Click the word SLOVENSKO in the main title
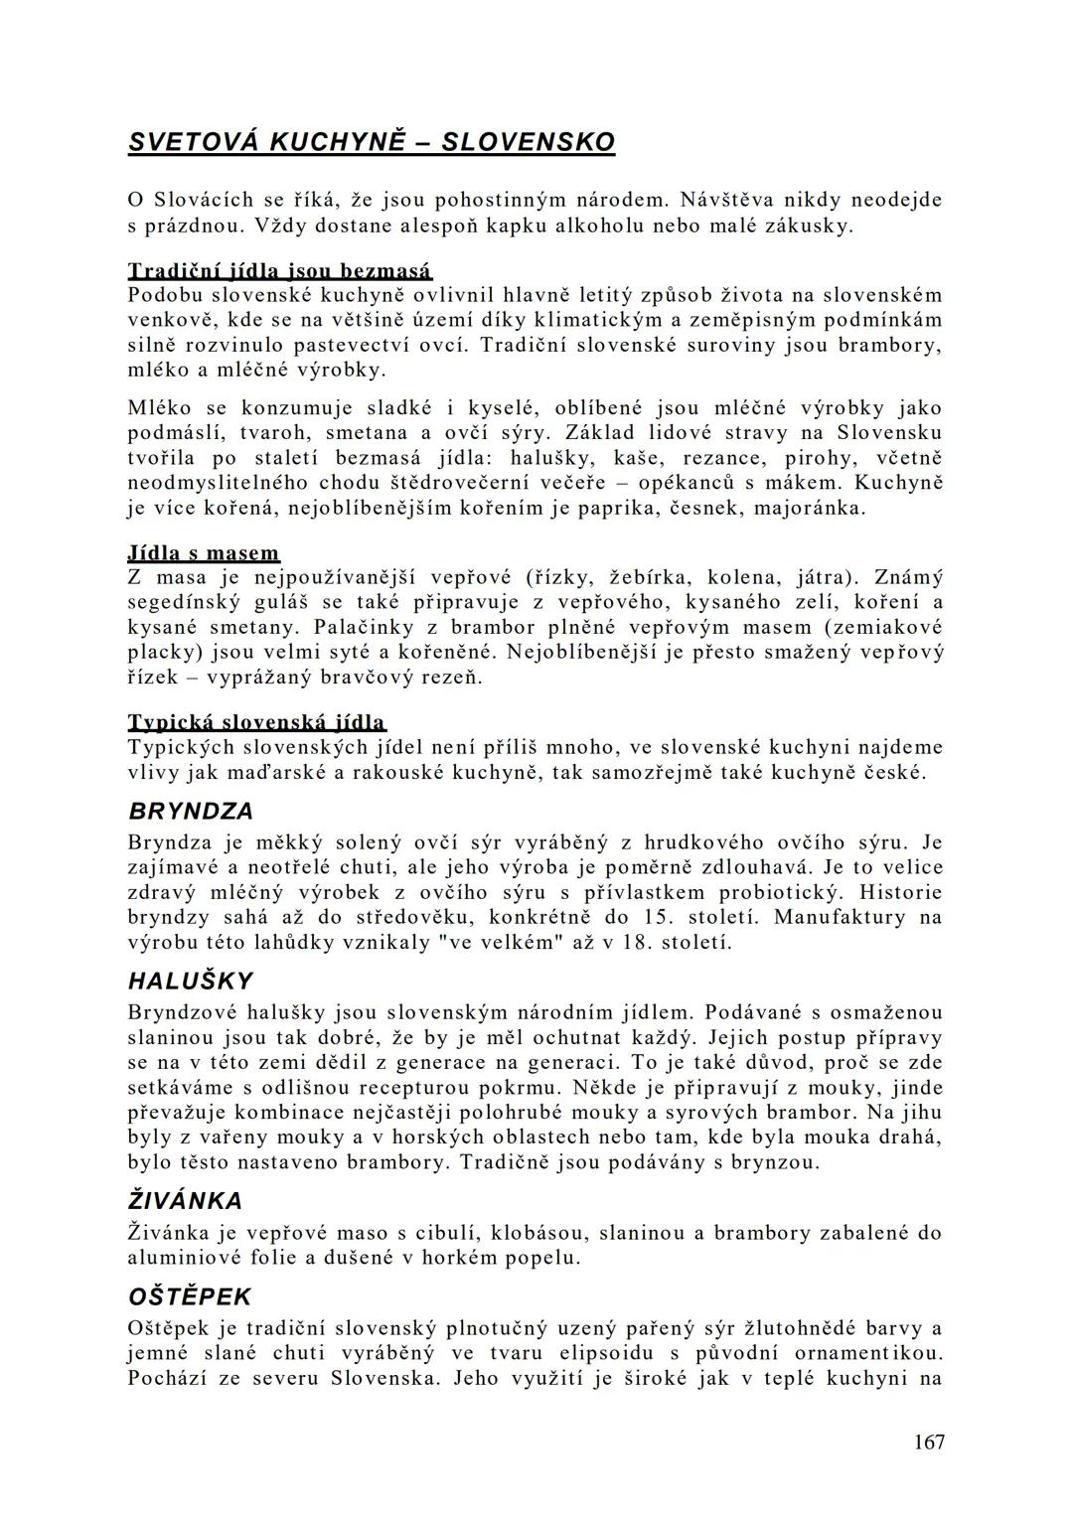[x=528, y=142]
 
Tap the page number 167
[x=929, y=1441]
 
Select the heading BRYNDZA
[x=192, y=811]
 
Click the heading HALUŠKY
[x=191, y=981]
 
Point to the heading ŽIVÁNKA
[x=186, y=1201]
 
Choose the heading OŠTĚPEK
[x=190, y=1296]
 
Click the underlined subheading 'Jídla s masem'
[x=204, y=552]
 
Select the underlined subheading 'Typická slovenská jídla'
[x=257, y=721]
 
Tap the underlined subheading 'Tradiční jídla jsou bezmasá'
[x=280, y=270]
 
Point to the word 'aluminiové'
[x=186, y=1257]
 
